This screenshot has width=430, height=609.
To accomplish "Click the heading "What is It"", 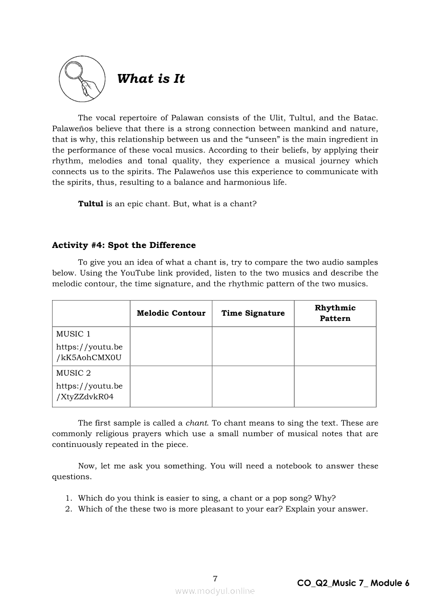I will [151, 79].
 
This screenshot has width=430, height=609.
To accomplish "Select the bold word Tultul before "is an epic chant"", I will [91, 204].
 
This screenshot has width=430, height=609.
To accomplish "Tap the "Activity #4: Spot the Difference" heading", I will [124, 245].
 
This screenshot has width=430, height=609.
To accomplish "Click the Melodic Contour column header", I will [171, 313].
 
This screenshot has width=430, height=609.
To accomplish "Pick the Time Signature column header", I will [253, 313].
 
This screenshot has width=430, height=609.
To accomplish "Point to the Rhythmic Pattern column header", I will [335, 313].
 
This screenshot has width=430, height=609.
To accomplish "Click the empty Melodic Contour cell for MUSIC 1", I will [171, 346].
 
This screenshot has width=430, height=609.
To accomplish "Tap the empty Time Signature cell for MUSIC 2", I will [253, 386].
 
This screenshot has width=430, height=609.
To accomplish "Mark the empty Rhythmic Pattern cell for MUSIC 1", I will [335, 346].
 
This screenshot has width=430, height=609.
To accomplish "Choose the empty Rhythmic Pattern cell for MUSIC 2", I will [335, 386].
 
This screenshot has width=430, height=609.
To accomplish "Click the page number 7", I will [215, 578].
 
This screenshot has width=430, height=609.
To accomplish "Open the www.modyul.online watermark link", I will [215, 591].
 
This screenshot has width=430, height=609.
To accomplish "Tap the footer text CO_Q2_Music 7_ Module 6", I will [353, 583].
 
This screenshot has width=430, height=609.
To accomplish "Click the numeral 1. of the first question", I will [68, 498].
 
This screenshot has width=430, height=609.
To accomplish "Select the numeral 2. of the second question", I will [68, 509].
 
